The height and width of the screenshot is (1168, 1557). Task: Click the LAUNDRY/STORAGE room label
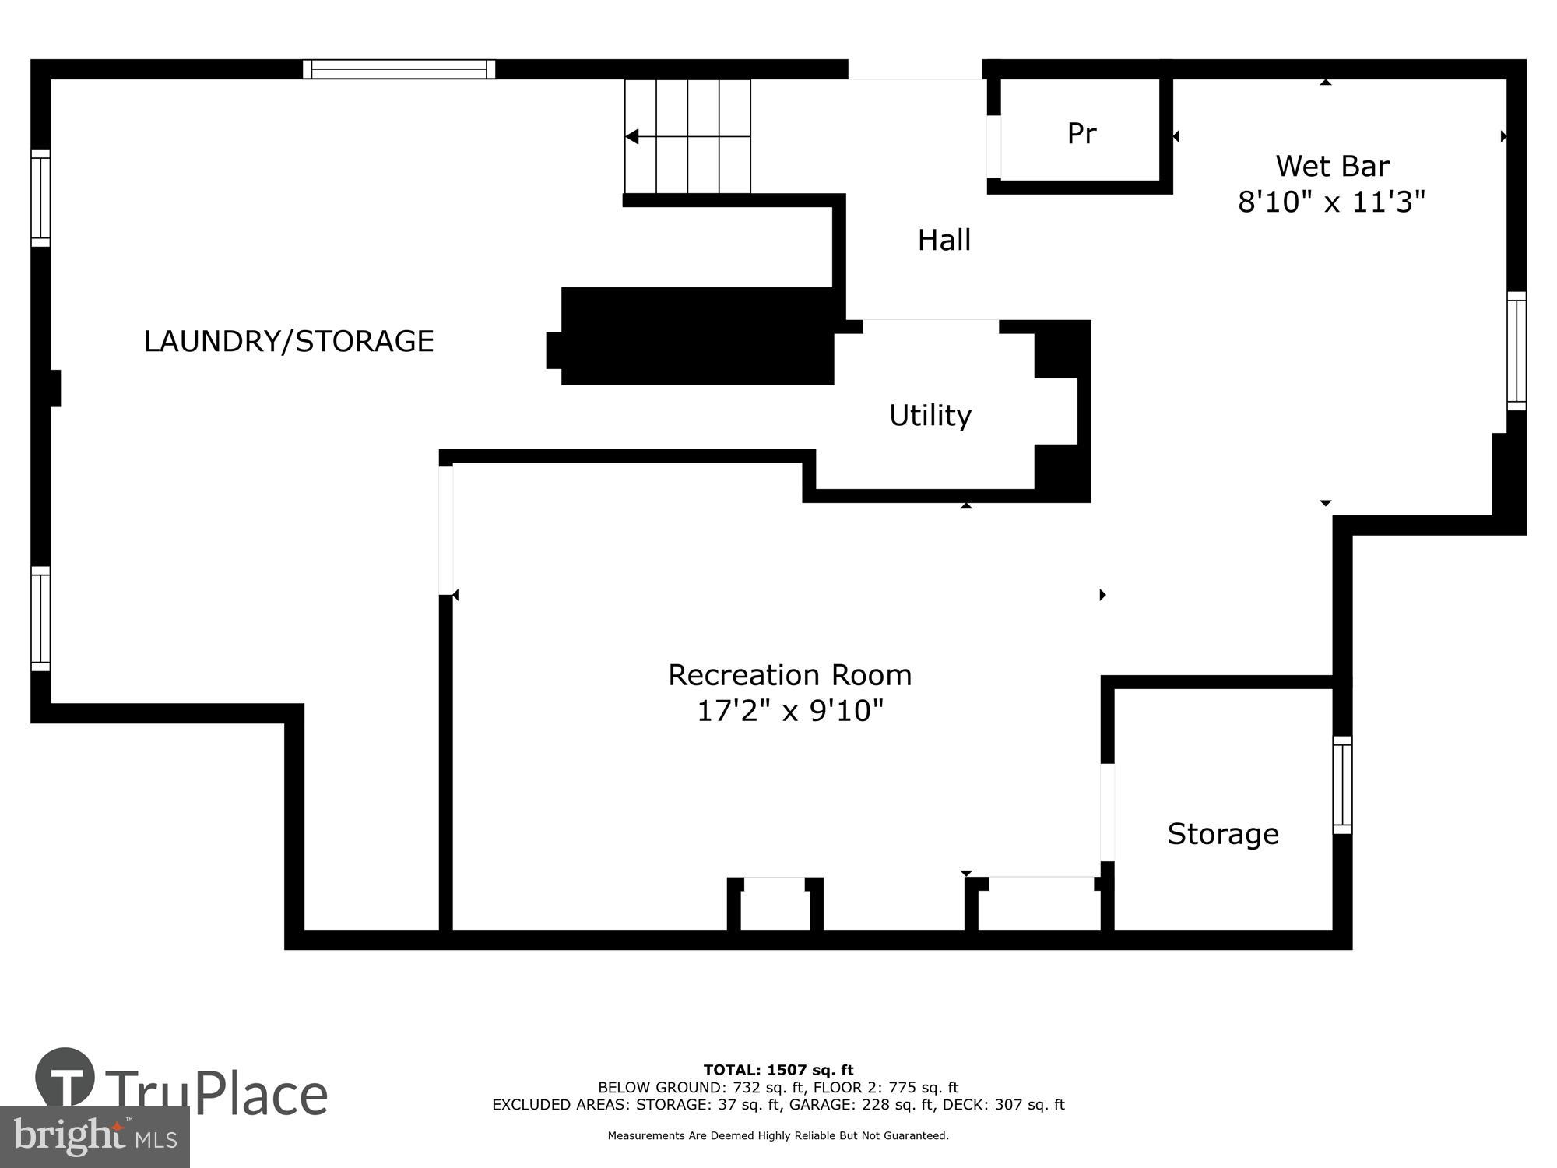click(x=289, y=341)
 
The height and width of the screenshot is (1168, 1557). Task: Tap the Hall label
click(x=944, y=240)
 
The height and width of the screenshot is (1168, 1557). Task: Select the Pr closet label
click(x=1081, y=133)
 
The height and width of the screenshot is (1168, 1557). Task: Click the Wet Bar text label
click(x=1332, y=166)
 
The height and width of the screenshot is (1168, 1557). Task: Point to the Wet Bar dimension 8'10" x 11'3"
click(x=1331, y=202)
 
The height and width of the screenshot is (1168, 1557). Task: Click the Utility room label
click(x=930, y=415)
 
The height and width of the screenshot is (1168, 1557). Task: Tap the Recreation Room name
click(x=789, y=674)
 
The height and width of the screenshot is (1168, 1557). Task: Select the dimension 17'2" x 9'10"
click(x=789, y=710)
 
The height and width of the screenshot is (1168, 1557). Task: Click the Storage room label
click(x=1222, y=834)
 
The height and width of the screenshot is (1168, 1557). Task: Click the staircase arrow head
click(x=632, y=137)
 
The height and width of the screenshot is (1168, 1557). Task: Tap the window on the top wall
click(x=399, y=69)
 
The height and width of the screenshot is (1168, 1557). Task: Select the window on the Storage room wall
click(x=1342, y=785)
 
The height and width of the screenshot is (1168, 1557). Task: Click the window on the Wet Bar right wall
click(x=1516, y=351)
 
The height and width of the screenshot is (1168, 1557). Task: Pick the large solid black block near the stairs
click(x=697, y=336)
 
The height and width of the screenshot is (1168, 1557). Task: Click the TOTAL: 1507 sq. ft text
click(x=778, y=1070)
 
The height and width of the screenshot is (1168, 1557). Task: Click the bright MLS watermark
click(x=94, y=1137)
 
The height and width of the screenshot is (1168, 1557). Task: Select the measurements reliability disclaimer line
click(x=778, y=1136)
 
